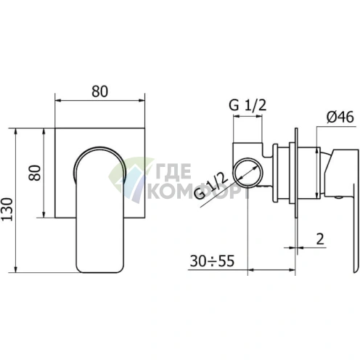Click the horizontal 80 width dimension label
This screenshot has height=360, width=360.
click(x=99, y=91)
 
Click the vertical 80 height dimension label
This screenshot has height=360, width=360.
click(x=35, y=173)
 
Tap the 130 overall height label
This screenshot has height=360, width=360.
click(x=7, y=209)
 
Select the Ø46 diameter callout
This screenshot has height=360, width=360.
click(x=340, y=117)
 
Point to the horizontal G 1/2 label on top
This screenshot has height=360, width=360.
click(x=247, y=105)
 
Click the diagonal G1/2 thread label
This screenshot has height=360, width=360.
click(x=211, y=186)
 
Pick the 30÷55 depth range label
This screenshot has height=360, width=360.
click(x=212, y=261)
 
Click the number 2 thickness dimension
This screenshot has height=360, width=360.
click(x=320, y=239)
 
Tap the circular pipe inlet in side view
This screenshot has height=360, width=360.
click(x=247, y=173)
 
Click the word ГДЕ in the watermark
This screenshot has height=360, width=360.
click(x=173, y=171)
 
